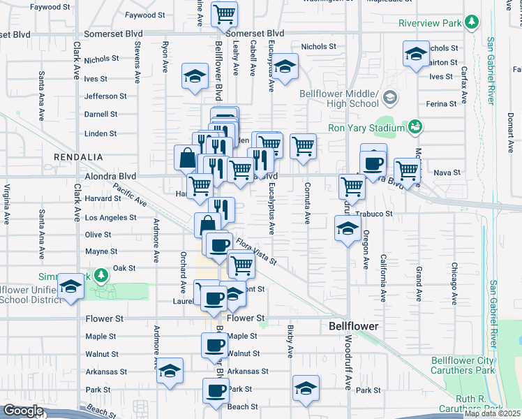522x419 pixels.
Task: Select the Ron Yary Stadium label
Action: (x=366, y=128)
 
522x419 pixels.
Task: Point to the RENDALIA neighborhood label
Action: (x=79, y=158)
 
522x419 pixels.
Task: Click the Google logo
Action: (x=22, y=411)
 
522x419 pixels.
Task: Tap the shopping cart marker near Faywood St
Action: (x=224, y=13)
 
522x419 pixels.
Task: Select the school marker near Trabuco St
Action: (x=347, y=228)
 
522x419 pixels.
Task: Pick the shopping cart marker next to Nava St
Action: (x=407, y=170)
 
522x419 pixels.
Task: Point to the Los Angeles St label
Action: (x=110, y=217)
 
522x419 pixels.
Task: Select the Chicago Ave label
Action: (x=454, y=284)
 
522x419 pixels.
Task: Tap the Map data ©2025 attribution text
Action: (x=492, y=413)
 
